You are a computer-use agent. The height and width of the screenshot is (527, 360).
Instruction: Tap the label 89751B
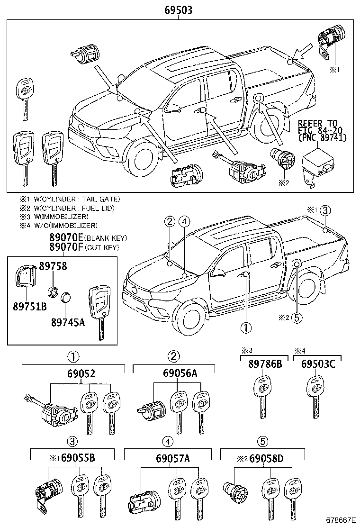click(29, 306)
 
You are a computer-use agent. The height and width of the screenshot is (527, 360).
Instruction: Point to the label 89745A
click(68, 322)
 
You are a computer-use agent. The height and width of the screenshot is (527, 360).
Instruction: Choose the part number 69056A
click(173, 373)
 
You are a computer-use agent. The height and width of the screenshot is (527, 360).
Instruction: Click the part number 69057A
click(174, 458)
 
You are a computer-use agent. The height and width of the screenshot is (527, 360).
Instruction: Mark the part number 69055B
click(79, 458)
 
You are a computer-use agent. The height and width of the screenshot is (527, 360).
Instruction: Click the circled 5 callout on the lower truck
click(297, 318)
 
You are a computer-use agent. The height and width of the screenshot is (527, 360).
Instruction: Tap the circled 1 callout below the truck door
click(246, 327)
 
